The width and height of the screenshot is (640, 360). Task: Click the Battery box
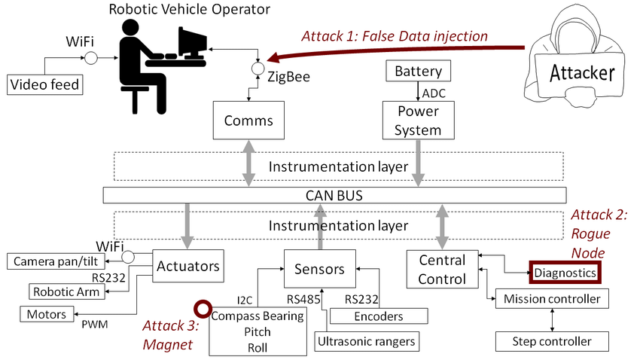point(418,72)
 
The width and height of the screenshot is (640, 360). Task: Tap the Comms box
point(248,121)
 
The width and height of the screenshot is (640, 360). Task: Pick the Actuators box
point(188,266)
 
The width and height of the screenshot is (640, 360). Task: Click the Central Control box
point(442,269)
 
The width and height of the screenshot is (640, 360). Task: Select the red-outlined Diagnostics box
point(565,272)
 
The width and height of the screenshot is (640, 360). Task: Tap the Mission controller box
point(551,299)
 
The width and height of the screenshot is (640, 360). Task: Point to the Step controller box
point(551,341)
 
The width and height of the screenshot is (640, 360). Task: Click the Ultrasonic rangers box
point(365,342)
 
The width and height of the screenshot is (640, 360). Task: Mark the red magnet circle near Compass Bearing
point(202,309)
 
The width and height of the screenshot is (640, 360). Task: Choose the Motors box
point(47,313)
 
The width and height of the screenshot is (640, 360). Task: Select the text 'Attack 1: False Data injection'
point(395,36)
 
